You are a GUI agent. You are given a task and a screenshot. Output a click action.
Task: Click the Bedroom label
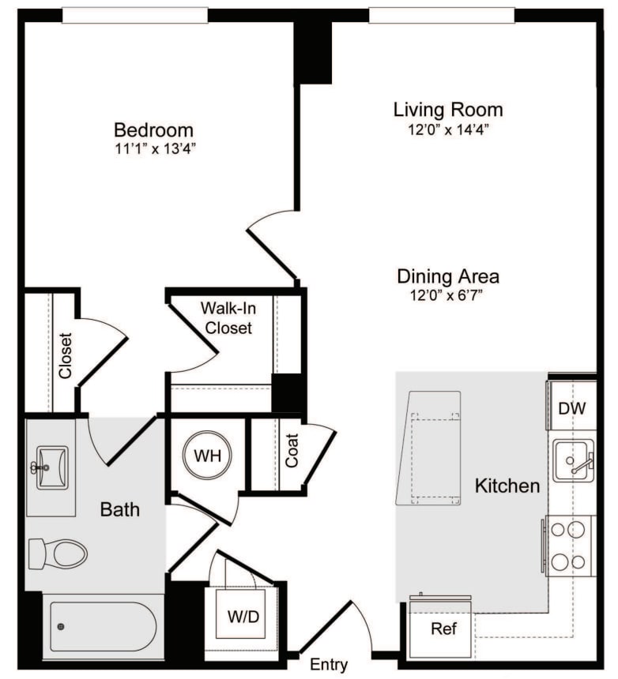(153, 130)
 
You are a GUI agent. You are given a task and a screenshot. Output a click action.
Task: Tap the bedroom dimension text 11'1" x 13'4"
(155, 149)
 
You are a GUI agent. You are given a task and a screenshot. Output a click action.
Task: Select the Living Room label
(448, 110)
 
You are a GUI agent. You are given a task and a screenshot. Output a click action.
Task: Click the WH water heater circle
(207, 455)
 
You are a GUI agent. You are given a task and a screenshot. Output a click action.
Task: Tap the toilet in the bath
(58, 553)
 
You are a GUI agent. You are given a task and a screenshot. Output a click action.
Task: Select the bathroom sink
(51, 467)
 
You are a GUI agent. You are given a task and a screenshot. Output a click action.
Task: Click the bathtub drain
(61, 626)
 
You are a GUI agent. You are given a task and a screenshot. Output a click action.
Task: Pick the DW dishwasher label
(571, 408)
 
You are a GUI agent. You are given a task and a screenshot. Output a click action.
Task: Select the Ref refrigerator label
(444, 628)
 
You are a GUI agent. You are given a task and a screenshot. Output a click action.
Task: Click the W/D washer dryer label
(243, 616)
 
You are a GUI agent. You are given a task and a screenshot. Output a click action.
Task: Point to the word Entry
(329, 664)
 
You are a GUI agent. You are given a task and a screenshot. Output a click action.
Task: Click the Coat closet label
(292, 450)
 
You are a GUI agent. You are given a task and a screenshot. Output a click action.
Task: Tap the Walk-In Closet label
(228, 318)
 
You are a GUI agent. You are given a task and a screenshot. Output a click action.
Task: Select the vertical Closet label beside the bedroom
(65, 355)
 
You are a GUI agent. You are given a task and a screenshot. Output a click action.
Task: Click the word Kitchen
(507, 486)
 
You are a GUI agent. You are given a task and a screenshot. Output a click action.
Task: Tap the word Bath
(120, 509)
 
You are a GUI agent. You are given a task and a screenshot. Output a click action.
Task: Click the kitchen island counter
(428, 448)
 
